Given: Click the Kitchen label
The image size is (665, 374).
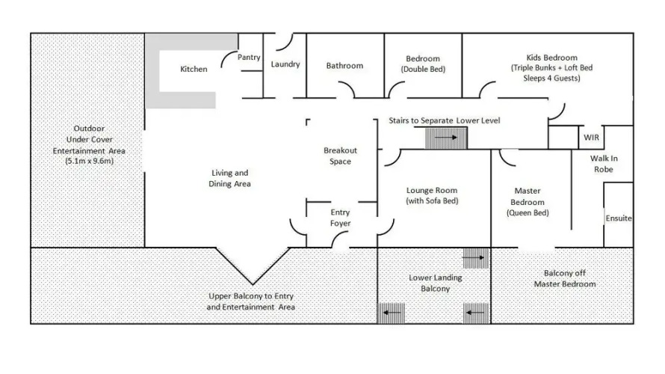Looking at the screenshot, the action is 194,70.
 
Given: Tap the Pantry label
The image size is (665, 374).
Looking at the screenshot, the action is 249,58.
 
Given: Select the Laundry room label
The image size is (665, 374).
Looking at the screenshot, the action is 285,64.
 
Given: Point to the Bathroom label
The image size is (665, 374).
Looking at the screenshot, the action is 344,65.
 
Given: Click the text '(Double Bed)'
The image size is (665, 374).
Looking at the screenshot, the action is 423,70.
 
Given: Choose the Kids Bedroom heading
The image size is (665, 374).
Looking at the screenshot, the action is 551,58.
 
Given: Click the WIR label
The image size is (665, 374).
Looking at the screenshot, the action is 591,138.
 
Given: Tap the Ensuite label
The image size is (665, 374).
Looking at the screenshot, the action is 619,218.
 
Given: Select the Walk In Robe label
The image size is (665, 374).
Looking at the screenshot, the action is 604,164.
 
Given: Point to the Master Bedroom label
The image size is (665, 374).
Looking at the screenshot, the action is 528,197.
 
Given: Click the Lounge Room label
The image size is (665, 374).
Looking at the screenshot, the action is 432,191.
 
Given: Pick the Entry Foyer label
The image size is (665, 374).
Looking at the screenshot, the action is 340,218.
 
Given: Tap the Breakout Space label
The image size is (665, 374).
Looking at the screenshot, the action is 340,156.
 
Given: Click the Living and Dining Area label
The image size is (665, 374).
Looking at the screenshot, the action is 229,178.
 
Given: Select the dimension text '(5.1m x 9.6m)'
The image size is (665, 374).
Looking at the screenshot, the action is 90,161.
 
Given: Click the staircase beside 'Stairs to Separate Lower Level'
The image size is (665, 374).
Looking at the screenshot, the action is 446,138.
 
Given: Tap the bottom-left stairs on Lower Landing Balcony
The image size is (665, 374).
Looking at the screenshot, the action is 391,313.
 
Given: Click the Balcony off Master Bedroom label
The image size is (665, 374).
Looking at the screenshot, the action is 564,278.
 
